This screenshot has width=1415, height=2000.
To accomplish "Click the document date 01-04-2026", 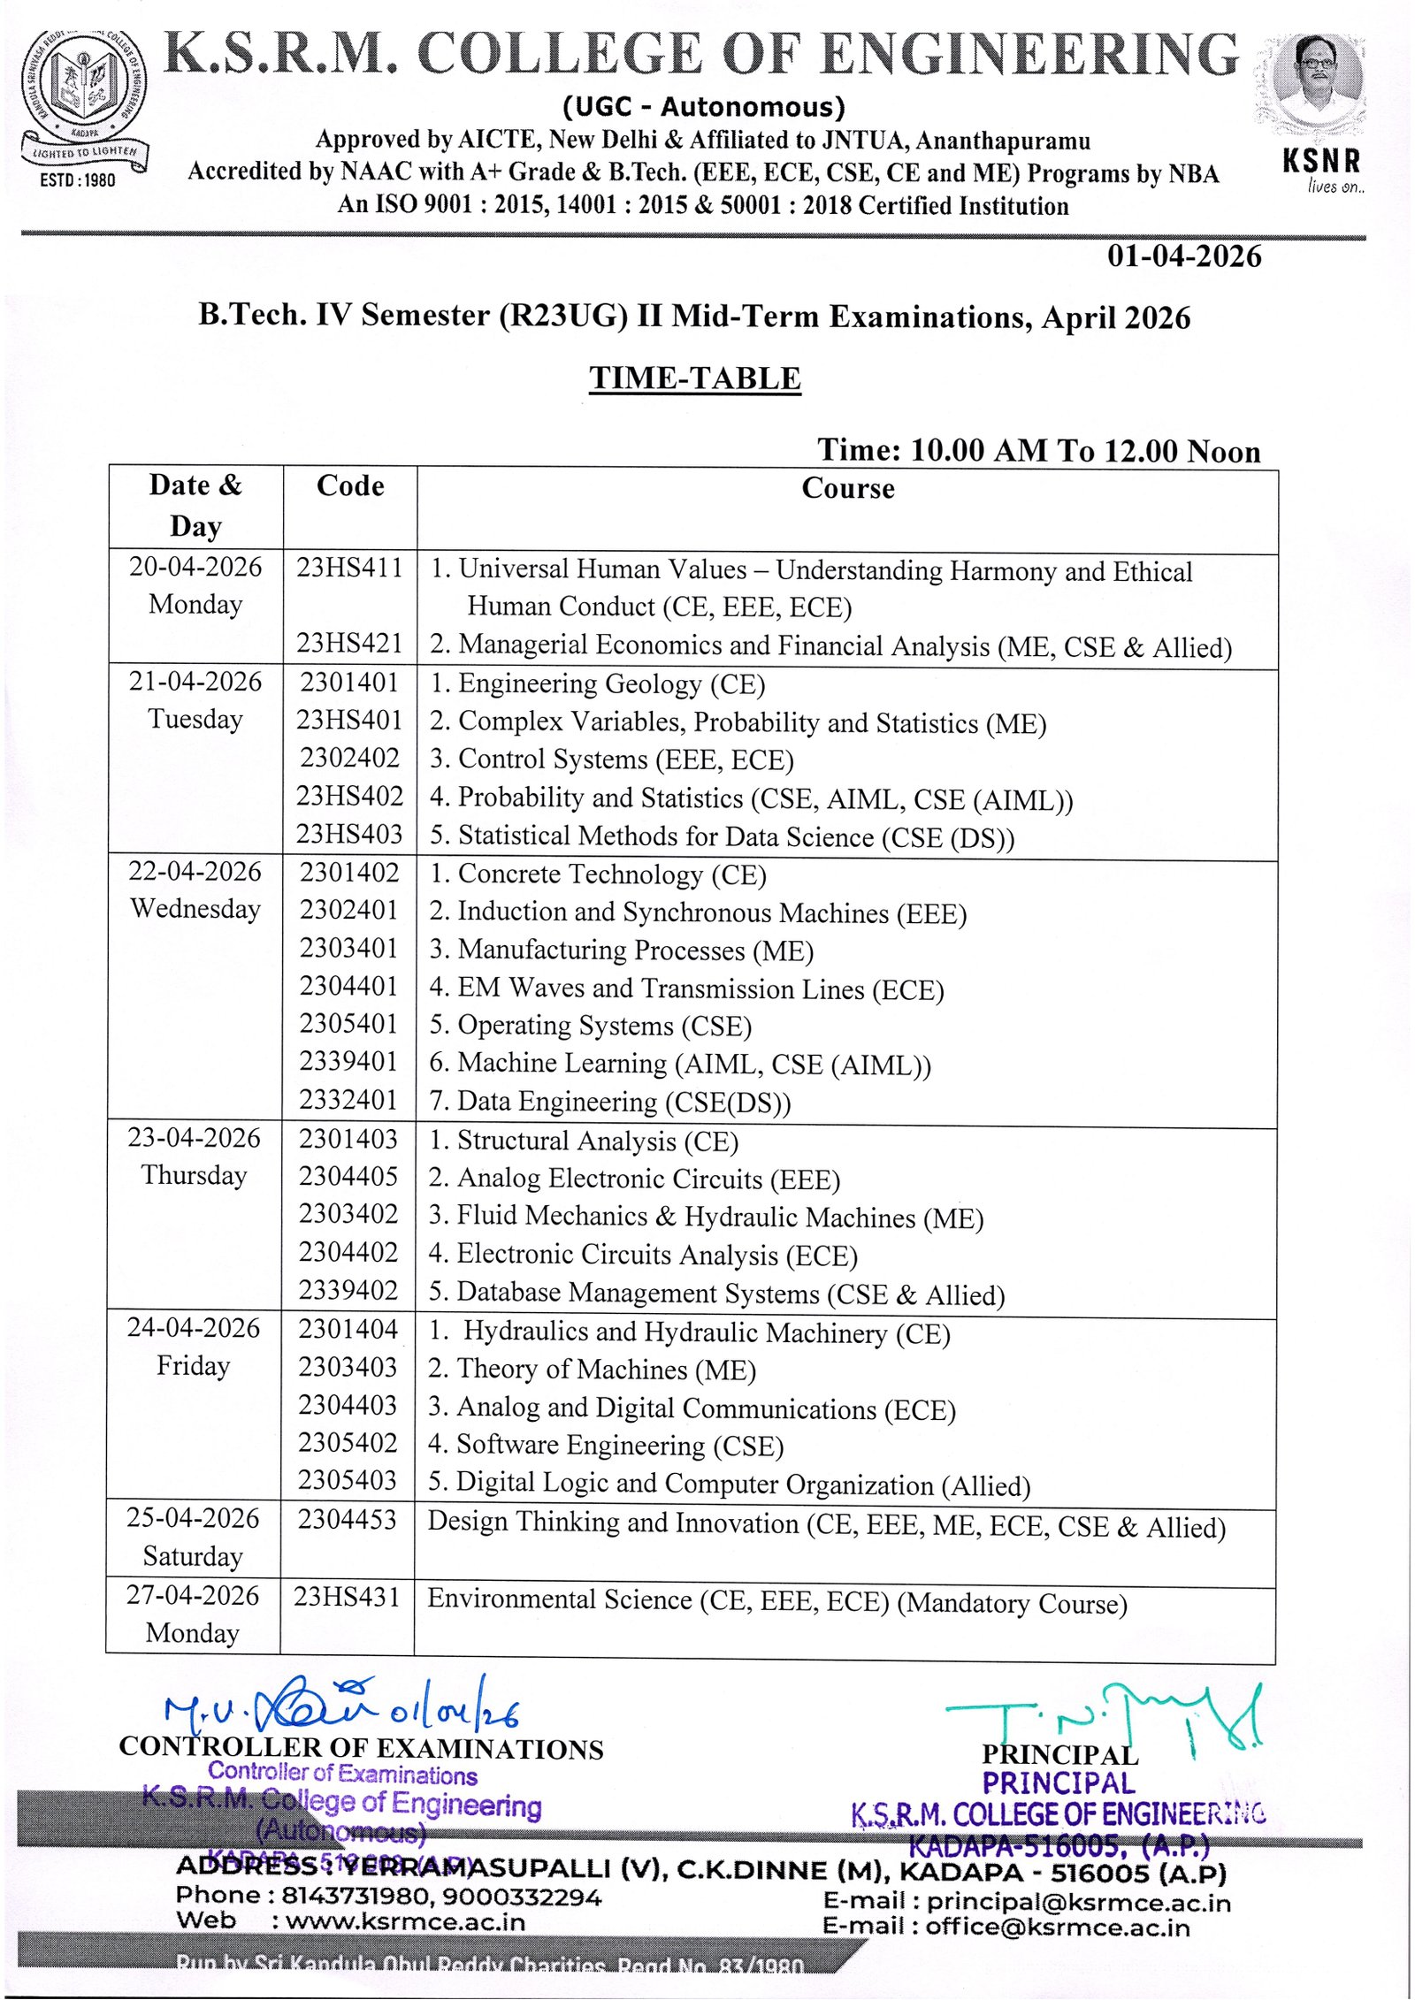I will [x=1184, y=256].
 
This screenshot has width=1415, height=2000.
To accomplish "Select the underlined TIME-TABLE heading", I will [x=695, y=378].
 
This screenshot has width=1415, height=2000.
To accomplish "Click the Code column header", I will [x=350, y=486].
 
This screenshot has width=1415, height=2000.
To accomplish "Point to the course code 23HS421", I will [x=349, y=643].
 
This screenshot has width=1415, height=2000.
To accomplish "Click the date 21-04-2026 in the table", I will [x=195, y=682].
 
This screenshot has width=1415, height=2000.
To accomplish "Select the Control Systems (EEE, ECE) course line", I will [x=612, y=760].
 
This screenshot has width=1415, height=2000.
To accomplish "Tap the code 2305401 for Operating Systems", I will [x=348, y=1024].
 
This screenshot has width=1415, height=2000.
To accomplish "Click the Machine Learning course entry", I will [x=680, y=1064].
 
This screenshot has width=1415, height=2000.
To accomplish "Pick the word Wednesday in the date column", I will [x=195, y=909].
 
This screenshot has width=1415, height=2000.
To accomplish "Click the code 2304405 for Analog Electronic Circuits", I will [x=348, y=1176].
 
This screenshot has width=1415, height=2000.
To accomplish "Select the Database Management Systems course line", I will [x=717, y=1294].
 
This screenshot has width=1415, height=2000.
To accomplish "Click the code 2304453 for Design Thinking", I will [x=348, y=1519].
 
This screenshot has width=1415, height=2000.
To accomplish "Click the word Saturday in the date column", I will [x=193, y=1556].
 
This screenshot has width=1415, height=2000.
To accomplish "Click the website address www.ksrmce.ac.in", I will [x=405, y=1922].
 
